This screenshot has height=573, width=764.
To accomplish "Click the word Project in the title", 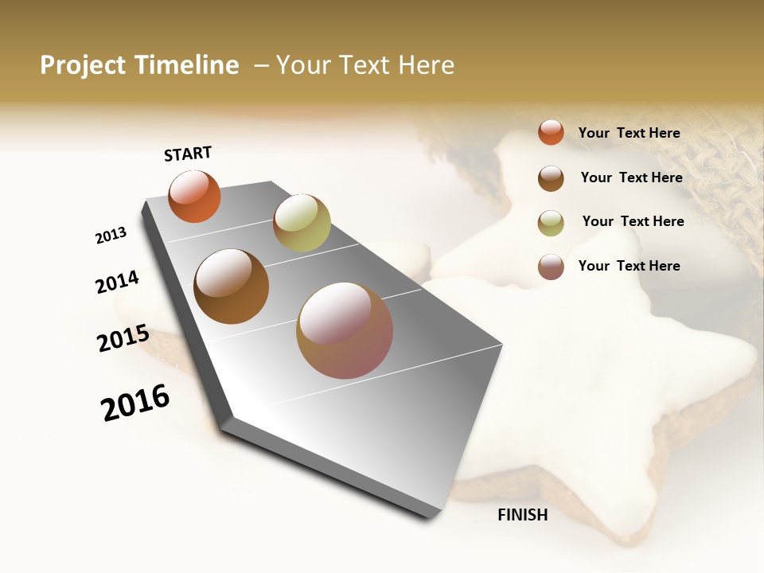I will pos(83,65).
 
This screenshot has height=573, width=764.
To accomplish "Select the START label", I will pos(188,154).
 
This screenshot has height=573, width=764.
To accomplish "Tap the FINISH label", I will pos(523,515).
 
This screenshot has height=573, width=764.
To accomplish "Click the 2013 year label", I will pos(111,236).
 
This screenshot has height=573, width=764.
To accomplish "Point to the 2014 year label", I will pos(118,282).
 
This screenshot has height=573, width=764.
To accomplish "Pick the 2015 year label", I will pos(123,338).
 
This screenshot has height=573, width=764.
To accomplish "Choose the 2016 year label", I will pos(135,403).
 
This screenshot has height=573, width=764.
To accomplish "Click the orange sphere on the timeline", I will pos(194,196).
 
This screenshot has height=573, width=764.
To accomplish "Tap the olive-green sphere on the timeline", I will pos(302,223).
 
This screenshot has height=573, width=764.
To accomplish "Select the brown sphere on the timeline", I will pos(232,286).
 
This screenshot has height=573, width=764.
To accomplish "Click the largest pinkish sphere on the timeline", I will pos(345,330).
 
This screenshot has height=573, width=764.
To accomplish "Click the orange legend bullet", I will pos(551,132).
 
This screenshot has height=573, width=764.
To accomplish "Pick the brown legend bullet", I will pos(551,178).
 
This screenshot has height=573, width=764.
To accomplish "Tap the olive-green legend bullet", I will pos(551,223).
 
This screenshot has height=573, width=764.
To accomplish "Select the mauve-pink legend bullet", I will pos(551,267).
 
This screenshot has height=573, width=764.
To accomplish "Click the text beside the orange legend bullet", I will pos(630,133).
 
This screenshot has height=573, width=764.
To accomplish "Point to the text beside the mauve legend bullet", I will pos(630,266).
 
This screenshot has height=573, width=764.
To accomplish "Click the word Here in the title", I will pos(426,65).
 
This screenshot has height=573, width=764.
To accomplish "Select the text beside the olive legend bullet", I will pos(633,221).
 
